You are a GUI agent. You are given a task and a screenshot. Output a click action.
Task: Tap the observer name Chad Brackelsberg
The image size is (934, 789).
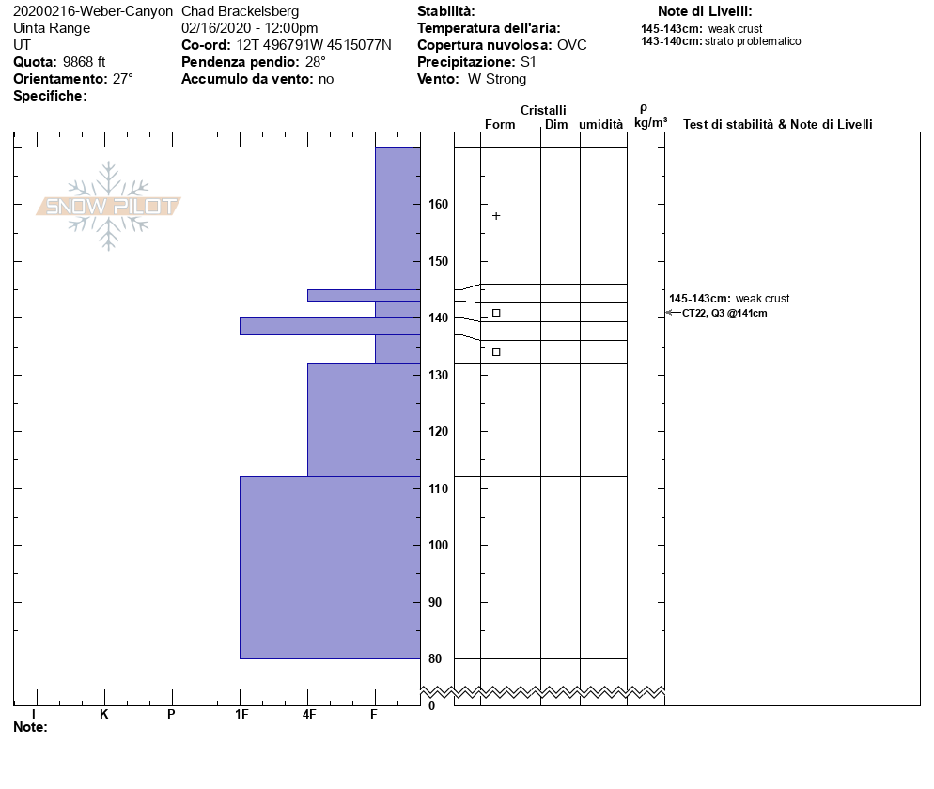(240, 11)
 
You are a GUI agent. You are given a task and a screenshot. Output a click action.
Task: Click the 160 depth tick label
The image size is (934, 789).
(439, 204)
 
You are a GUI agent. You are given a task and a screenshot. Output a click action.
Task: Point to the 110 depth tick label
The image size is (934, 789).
(439, 488)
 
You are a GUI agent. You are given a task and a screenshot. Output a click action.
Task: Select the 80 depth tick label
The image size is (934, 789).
(435, 658)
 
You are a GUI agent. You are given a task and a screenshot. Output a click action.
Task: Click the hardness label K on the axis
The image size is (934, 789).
(103, 714)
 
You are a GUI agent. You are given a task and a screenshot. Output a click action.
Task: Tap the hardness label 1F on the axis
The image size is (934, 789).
(241, 714)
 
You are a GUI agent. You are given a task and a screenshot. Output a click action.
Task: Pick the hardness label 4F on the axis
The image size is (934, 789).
(308, 714)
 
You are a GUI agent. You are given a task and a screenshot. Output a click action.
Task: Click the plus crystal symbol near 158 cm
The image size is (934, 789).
(496, 216)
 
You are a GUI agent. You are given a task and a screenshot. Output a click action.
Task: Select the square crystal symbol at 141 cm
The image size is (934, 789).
(496, 313)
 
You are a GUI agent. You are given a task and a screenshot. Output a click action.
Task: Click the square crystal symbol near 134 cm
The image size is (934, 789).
(496, 352)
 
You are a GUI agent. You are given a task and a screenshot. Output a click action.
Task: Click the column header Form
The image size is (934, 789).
(500, 124)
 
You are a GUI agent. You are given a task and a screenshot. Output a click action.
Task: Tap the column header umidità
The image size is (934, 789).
(600, 124)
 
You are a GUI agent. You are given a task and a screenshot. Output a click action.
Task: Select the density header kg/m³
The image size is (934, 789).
(650, 123)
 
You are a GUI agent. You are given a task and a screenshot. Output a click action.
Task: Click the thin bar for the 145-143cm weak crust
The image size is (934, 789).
(364, 295)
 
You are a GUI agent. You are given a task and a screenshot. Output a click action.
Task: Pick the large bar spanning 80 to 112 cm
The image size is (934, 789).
(330, 567)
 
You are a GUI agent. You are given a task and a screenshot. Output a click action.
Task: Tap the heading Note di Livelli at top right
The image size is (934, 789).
(705, 11)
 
